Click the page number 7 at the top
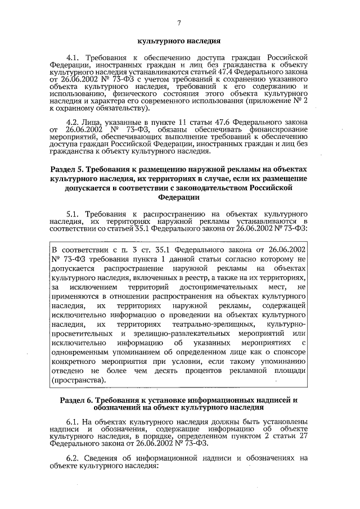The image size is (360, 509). [179, 22]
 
